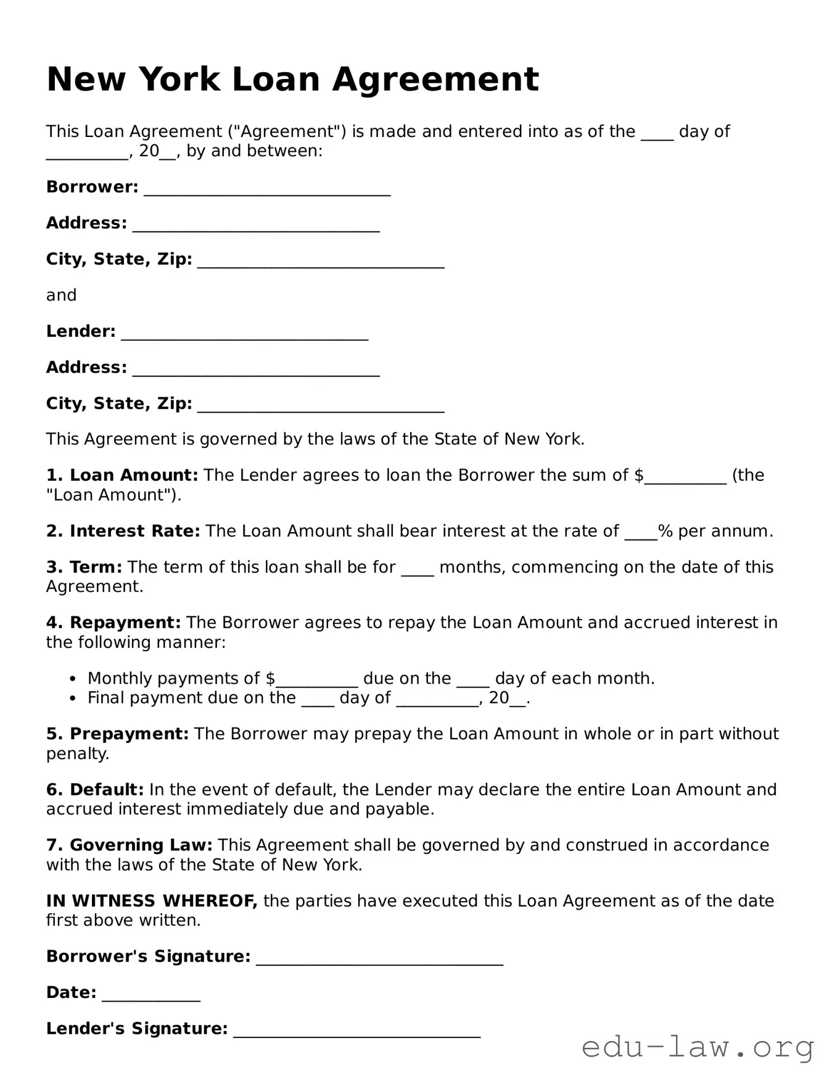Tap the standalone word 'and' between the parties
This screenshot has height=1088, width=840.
61,295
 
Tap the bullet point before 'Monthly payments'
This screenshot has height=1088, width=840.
73,679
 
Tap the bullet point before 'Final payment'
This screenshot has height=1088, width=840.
73,699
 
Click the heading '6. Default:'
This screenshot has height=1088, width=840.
94,789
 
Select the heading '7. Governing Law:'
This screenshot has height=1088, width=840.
129,845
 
